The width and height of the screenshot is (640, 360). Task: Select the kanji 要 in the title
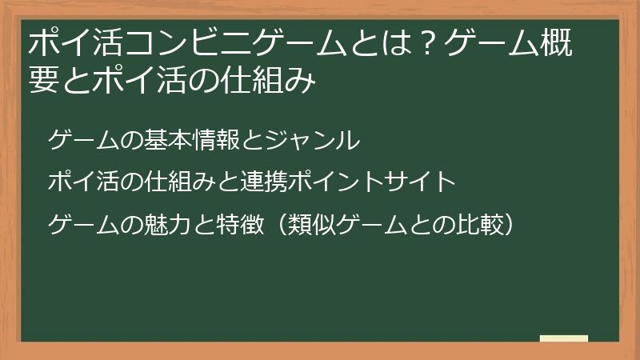click(x=44, y=81)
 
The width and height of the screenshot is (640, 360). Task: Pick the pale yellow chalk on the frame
click(x=563, y=339)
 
